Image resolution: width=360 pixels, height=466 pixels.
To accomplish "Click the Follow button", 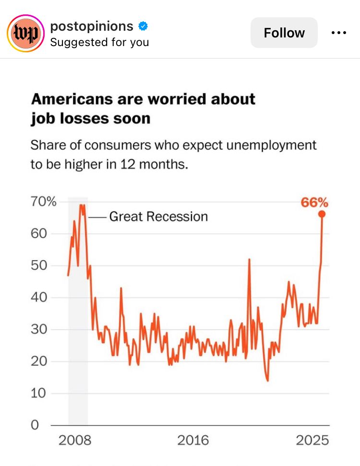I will click(x=284, y=33).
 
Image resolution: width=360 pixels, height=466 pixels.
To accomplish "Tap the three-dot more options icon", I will click(x=339, y=33).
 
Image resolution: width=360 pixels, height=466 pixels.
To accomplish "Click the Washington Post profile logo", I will click(x=25, y=33).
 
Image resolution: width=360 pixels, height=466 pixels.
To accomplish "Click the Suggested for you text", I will click(x=99, y=42).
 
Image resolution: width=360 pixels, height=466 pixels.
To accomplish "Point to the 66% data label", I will click(x=314, y=203).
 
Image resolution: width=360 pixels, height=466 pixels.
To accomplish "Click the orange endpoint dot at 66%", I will click(x=322, y=214).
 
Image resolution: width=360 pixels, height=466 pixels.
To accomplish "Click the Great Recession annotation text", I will click(x=158, y=216).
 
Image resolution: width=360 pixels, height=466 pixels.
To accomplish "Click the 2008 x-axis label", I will click(x=74, y=440).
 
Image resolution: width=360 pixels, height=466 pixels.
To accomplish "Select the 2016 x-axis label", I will click(x=193, y=440).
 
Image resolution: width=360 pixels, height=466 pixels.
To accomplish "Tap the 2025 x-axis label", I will click(x=312, y=440).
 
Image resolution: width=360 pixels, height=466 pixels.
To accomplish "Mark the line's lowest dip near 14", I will click(x=267, y=381).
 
